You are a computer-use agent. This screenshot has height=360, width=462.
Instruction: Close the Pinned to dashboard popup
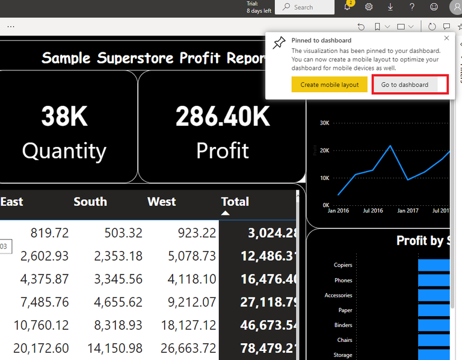[x=446, y=38]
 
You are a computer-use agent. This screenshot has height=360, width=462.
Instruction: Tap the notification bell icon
[x=348, y=7]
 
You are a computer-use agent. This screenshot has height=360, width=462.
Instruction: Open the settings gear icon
[x=369, y=7]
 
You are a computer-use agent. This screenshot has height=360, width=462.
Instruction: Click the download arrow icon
[x=390, y=7]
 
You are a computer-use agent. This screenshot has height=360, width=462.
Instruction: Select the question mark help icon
[x=412, y=7]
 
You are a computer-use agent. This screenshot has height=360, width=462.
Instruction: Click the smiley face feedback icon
[x=434, y=7]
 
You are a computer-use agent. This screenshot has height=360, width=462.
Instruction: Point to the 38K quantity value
[x=64, y=116]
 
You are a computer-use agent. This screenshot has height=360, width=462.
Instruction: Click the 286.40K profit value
[x=223, y=116]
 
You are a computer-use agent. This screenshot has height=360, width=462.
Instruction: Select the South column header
[x=90, y=202]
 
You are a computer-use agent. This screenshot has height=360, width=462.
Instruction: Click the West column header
[x=161, y=202]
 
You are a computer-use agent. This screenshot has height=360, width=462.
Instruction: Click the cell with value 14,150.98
[x=119, y=348]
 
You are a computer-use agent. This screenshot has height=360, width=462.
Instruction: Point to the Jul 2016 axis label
[x=372, y=211]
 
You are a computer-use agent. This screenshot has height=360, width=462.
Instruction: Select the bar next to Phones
[x=434, y=280]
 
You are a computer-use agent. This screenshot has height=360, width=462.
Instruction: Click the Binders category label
[x=343, y=325]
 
